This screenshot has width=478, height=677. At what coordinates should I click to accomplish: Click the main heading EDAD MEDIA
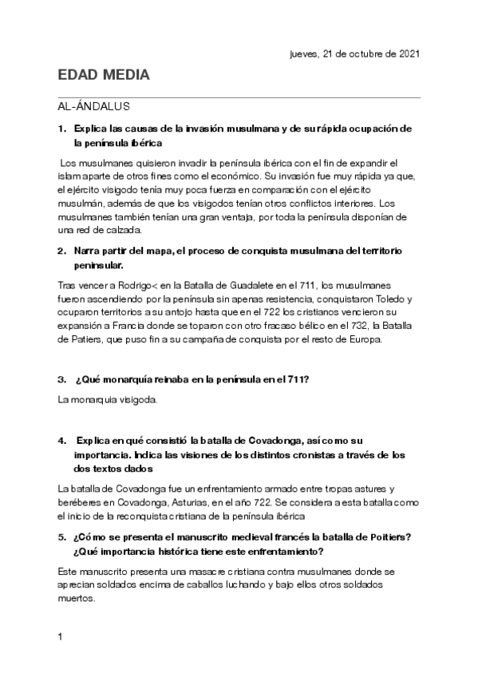[104, 76]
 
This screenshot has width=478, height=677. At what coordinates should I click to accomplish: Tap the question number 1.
[61, 129]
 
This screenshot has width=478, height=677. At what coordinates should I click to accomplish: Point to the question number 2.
[61, 251]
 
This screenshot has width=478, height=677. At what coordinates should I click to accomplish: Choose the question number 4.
[61, 440]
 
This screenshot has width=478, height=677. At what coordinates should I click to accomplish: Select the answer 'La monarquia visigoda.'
[109, 398]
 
